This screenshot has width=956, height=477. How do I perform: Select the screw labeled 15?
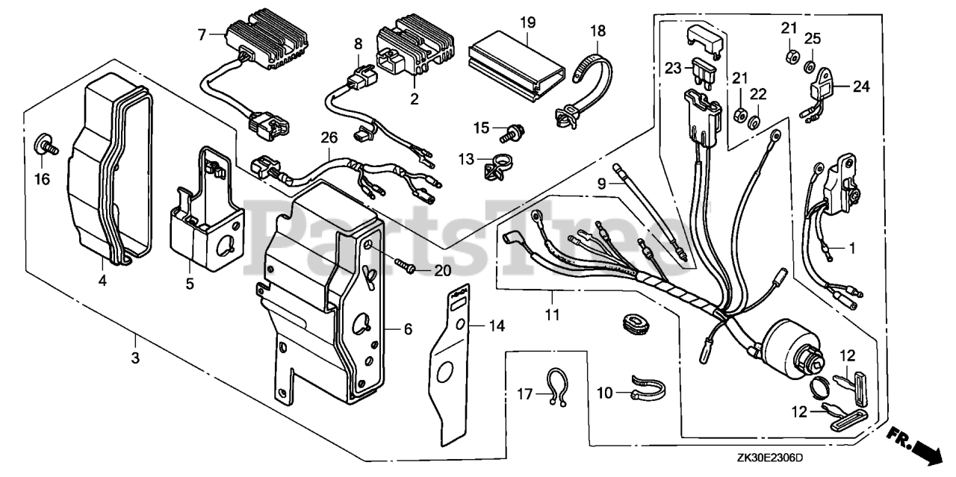pyautogui.click(x=512, y=133)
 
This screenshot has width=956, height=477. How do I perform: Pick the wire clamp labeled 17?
pyautogui.click(x=556, y=387)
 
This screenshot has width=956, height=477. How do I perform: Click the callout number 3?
pyautogui.click(x=135, y=358)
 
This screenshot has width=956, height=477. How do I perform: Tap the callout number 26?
pyautogui.click(x=329, y=137)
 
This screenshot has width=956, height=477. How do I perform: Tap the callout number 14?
pyautogui.click(x=497, y=325)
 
